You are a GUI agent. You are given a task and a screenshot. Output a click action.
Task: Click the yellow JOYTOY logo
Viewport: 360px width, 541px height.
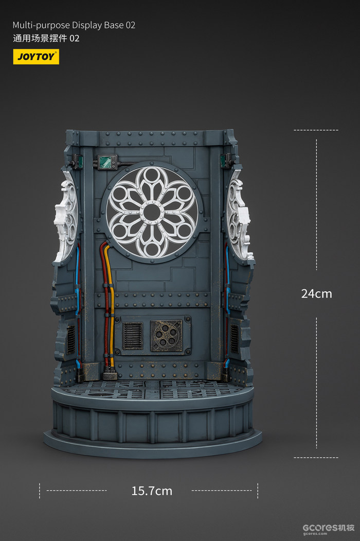click(x=36, y=57)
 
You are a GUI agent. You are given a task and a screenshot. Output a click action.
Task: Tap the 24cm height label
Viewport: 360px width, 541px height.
click(x=317, y=293)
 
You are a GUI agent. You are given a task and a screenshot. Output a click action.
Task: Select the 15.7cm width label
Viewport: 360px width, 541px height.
click(x=152, y=491)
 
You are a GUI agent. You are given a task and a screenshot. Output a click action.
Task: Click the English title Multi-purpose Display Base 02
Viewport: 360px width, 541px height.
click(x=74, y=25)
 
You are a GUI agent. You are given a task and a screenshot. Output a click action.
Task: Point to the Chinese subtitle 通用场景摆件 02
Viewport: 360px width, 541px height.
click(x=46, y=38)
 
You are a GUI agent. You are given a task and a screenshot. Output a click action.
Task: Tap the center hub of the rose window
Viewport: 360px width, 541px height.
click(x=152, y=211)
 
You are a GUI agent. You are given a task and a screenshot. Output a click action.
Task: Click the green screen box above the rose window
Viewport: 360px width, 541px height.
click(x=107, y=162)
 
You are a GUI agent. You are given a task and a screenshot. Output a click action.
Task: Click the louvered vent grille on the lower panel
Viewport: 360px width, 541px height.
click(x=133, y=336)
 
